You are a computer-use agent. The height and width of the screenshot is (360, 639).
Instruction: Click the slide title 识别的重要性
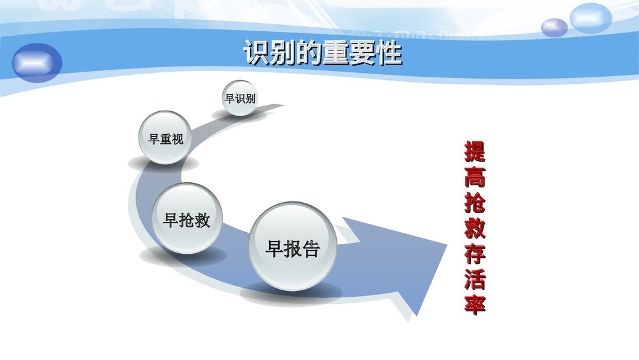pyautogui.click(x=322, y=54)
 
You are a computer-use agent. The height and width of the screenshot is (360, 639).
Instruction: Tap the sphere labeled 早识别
pyautogui.click(x=240, y=98)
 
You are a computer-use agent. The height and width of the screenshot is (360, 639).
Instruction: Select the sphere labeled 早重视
pyautogui.click(x=166, y=138)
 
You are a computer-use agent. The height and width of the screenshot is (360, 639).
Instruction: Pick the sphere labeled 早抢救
pyautogui.click(x=186, y=219)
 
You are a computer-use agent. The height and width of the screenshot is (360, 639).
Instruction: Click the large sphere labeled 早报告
pyautogui.click(x=292, y=248)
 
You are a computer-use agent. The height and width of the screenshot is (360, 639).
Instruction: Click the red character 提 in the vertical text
pyautogui.click(x=474, y=152)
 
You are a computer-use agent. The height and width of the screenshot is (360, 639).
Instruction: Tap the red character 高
pyautogui.click(x=474, y=178)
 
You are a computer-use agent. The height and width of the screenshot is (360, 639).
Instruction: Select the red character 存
pyautogui.click(x=474, y=254)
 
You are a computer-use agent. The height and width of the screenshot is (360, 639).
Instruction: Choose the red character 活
pyautogui.click(x=474, y=279)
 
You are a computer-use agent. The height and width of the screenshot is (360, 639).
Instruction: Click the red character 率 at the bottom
pyautogui.click(x=474, y=304)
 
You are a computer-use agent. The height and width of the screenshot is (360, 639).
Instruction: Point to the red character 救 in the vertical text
pyautogui.click(x=474, y=228)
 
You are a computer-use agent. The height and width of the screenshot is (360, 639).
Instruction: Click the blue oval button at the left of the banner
pyautogui.click(x=37, y=63)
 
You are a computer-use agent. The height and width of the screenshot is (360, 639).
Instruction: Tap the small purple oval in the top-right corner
pyautogui.click(x=554, y=27)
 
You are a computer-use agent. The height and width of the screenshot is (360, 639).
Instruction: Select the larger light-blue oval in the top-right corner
pyautogui.click(x=591, y=18)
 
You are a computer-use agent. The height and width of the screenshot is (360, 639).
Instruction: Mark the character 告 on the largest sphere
pyautogui.click(x=311, y=248)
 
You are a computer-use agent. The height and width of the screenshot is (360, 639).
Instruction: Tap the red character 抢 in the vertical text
pyautogui.click(x=474, y=203)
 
